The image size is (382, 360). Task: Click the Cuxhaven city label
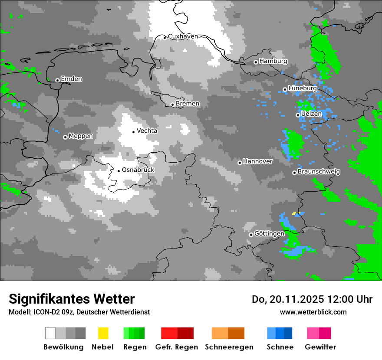pyautogui.click(x=183, y=36)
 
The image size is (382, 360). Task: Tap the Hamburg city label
pyautogui.click(x=273, y=61)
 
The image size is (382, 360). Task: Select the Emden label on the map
pyautogui.click(x=71, y=79)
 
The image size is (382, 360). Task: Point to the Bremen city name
pyautogui.click(x=188, y=104)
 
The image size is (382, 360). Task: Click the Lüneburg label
pyautogui.click(x=303, y=88)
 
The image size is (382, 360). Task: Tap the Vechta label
pyautogui.click(x=147, y=131)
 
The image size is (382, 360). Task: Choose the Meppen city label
pyautogui.click(x=81, y=136)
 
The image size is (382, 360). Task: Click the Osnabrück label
pyautogui.click(x=138, y=170)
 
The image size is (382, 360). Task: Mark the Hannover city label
pyautogui.click(x=258, y=161)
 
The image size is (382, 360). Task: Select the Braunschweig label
pyautogui.click(x=319, y=171)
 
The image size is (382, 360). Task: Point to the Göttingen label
pyautogui.click(x=270, y=233)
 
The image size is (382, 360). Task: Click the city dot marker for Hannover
pyautogui.click(x=240, y=163)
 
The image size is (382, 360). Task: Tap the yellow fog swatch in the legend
pyautogui.click(x=103, y=333)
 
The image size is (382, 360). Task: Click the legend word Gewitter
pyautogui.click(x=320, y=347)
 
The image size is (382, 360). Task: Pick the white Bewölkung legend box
pyautogui.click(x=50, y=333)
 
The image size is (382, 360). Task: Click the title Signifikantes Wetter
pyautogui.click(x=72, y=299)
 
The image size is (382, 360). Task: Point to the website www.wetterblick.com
pyautogui.click(x=313, y=312)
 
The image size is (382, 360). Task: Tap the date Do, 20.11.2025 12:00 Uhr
pyautogui.click(x=312, y=299)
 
